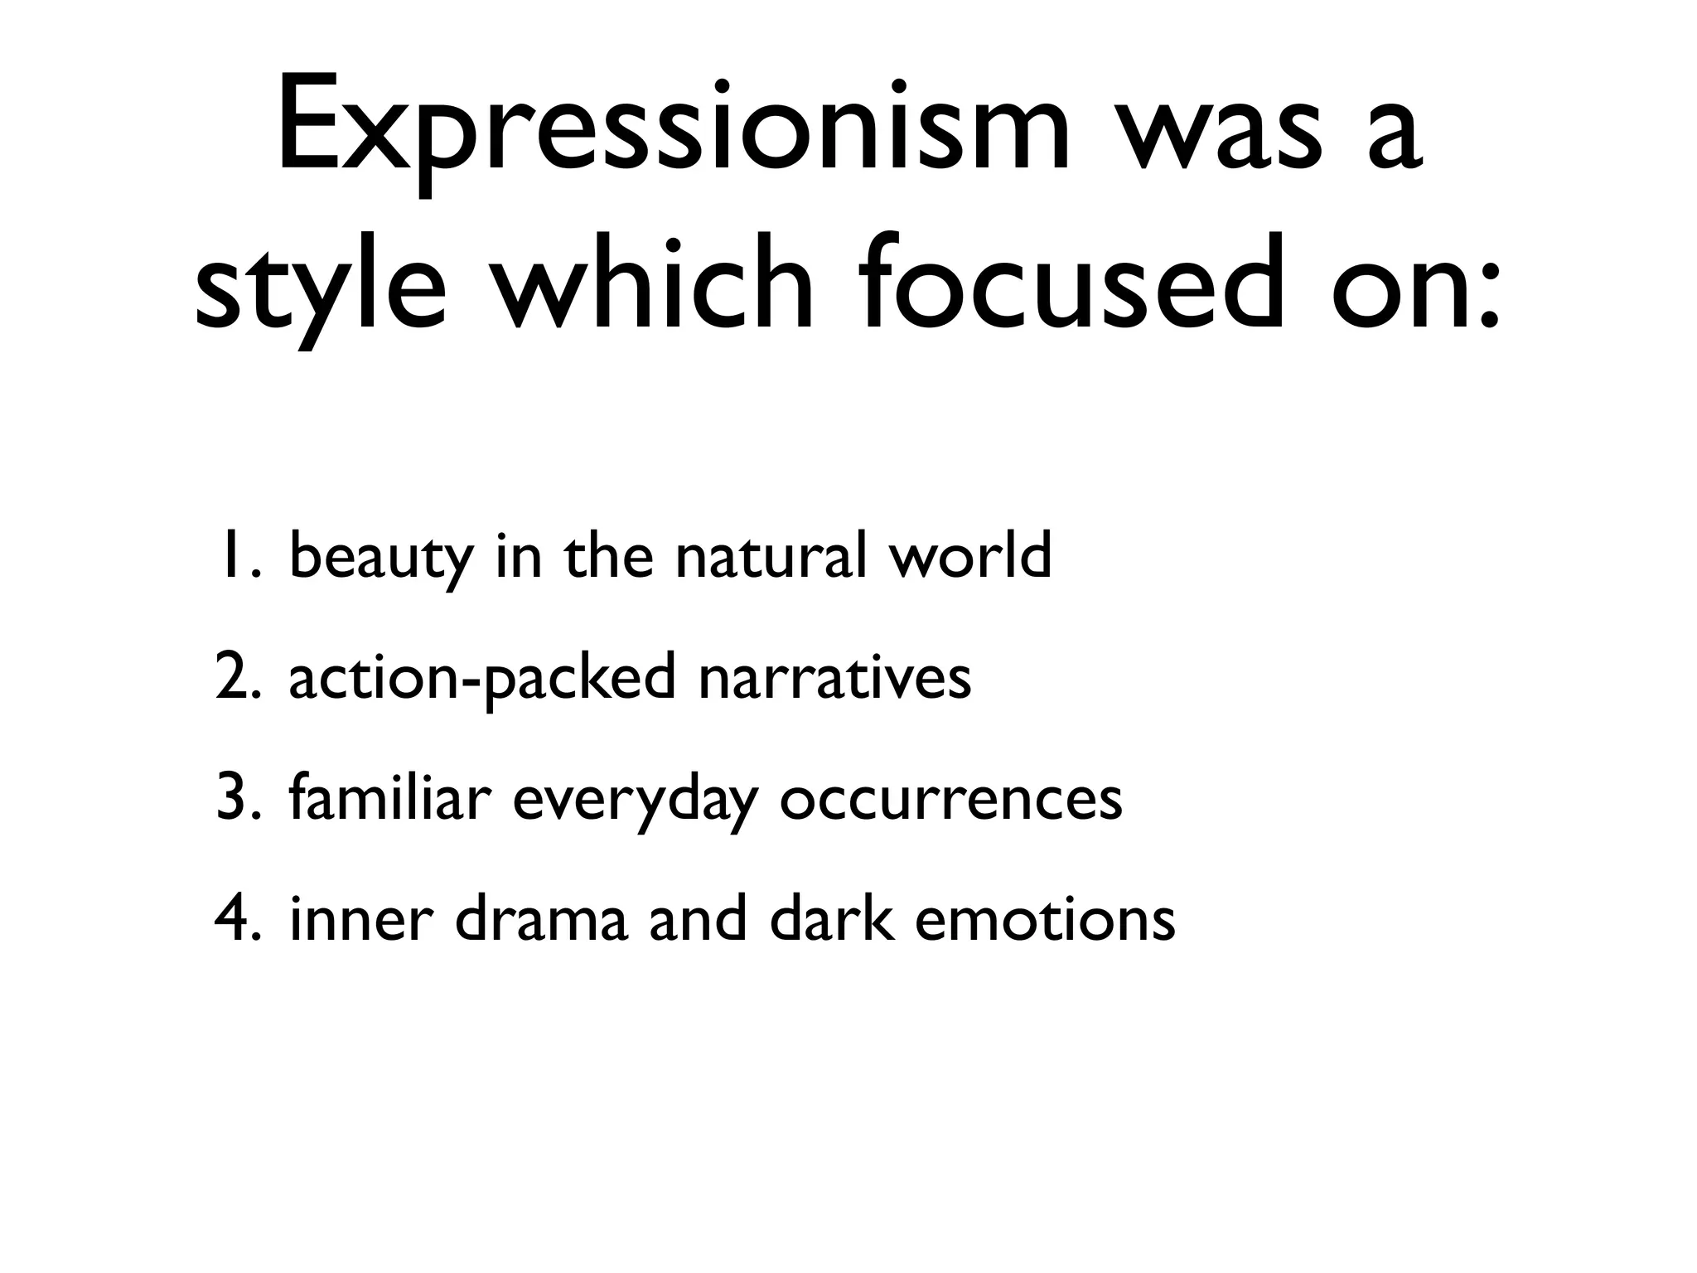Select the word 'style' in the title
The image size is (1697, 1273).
pyautogui.click(x=321, y=286)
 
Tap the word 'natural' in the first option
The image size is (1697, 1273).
pyautogui.click(x=771, y=556)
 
